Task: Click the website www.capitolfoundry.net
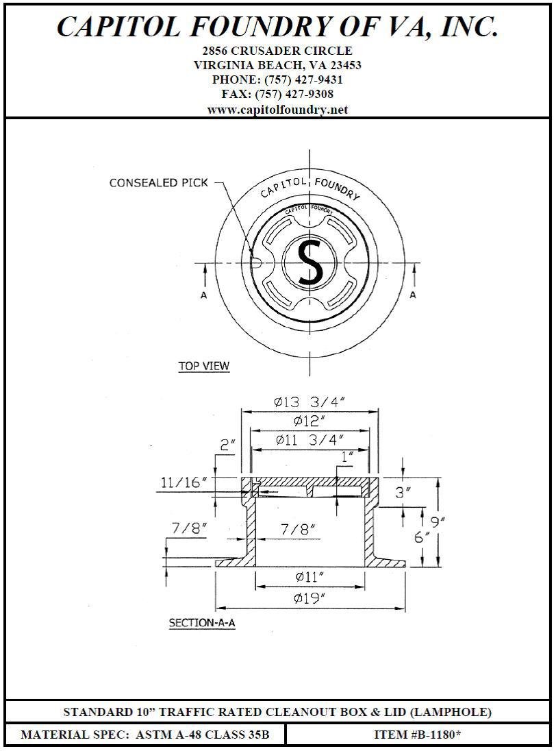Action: tap(277, 110)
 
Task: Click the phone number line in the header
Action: tap(277, 79)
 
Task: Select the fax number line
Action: tap(277, 95)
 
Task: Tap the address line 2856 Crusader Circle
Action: tap(277, 51)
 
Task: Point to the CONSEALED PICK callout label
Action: tap(158, 183)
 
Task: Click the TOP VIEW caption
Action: tap(204, 366)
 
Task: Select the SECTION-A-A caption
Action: tap(202, 624)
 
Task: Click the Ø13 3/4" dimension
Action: tap(309, 402)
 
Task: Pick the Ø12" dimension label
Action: tap(309, 421)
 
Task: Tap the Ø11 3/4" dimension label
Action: tap(309, 440)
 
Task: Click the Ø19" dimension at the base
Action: tap(309, 598)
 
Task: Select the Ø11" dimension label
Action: tap(309, 577)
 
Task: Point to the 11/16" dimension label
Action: tap(184, 482)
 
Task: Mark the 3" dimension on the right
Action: tap(403, 491)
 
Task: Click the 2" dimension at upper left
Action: tap(227, 445)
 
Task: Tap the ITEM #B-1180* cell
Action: tap(417, 735)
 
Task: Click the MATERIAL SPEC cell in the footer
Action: tap(145, 735)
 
